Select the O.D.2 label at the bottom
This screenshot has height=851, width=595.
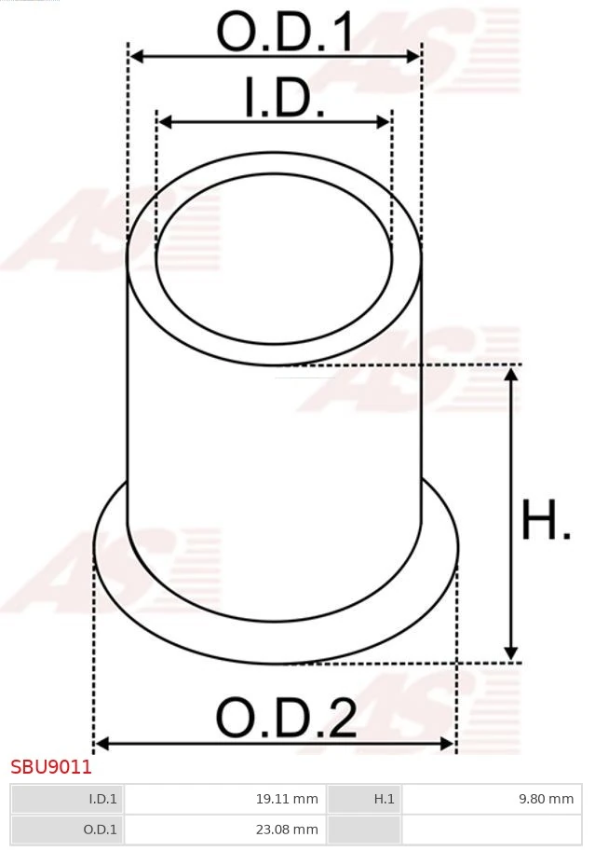click(286, 719)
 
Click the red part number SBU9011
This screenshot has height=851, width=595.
click(51, 768)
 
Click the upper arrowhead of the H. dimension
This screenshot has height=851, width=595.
click(510, 374)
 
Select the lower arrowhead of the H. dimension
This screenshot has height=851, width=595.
click(510, 653)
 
